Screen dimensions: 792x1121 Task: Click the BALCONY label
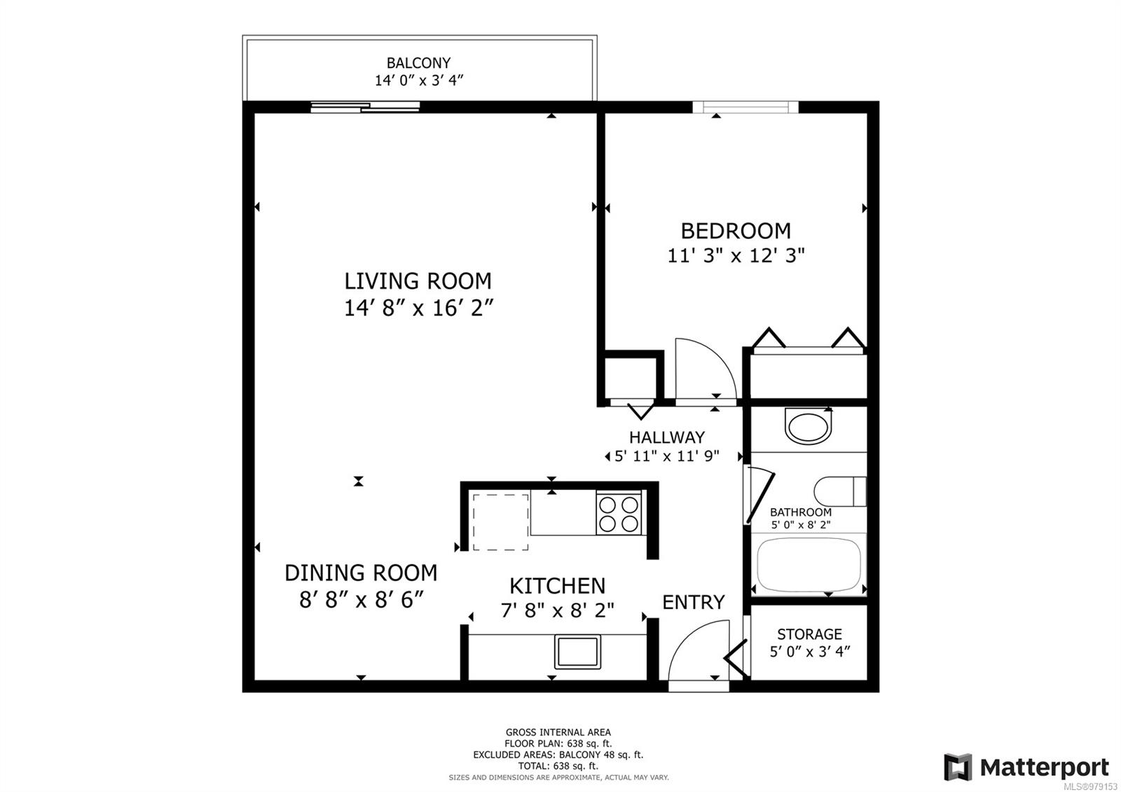(x=418, y=63)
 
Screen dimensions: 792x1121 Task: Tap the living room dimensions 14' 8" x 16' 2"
(x=418, y=308)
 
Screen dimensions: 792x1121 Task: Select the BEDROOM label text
(x=736, y=231)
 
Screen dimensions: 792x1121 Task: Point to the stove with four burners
(x=619, y=514)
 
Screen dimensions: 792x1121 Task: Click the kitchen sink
(x=577, y=651)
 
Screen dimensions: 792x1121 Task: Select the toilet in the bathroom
(x=839, y=491)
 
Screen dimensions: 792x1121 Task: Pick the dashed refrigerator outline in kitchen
(x=500, y=521)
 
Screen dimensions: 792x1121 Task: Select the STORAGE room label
(x=809, y=634)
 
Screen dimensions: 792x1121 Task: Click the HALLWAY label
(x=666, y=437)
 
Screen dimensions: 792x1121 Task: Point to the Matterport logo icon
(x=958, y=767)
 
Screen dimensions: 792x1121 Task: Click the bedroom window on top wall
(x=745, y=107)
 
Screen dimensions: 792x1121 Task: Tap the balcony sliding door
(x=365, y=107)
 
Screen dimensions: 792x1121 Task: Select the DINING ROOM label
(x=361, y=573)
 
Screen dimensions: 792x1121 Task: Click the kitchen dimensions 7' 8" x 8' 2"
(x=557, y=610)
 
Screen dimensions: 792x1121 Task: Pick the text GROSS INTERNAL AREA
(x=558, y=732)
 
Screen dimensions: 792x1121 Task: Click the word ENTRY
(x=693, y=602)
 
